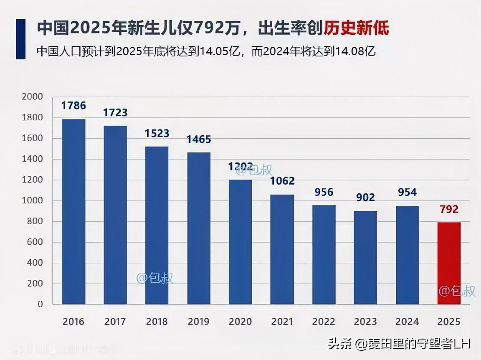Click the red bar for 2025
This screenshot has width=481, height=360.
click(x=449, y=263)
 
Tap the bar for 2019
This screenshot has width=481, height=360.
click(x=199, y=228)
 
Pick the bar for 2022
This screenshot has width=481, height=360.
click(x=324, y=254)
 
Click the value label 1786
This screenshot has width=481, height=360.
click(x=73, y=106)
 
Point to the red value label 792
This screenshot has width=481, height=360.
click(x=449, y=209)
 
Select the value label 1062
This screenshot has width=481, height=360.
click(x=282, y=181)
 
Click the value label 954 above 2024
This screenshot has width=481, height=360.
click(x=407, y=193)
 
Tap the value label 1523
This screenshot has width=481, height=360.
click(x=157, y=133)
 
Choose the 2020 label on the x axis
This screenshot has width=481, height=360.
click(x=240, y=322)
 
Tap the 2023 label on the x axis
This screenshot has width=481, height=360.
click(x=365, y=322)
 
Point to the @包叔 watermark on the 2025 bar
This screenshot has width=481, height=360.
click(x=457, y=291)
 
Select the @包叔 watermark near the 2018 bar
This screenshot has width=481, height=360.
click(x=155, y=278)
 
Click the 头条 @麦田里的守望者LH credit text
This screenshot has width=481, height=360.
click(x=399, y=344)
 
